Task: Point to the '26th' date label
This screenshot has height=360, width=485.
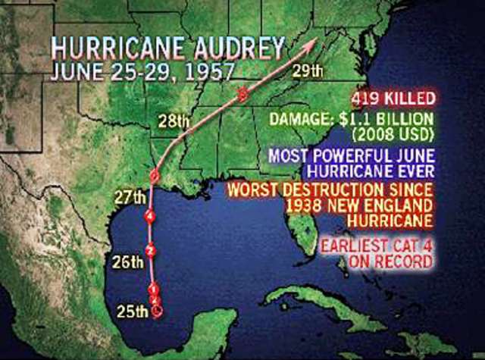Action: (x=128, y=263)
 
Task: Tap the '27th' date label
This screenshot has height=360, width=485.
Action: (x=129, y=199)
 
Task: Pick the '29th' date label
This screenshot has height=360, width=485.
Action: (x=308, y=73)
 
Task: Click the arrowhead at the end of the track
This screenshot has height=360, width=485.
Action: (x=311, y=45)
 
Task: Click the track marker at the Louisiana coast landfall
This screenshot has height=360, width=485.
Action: (x=153, y=176)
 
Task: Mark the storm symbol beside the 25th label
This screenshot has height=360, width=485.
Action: (x=156, y=310)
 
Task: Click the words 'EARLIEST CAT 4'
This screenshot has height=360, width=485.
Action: (x=377, y=246)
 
